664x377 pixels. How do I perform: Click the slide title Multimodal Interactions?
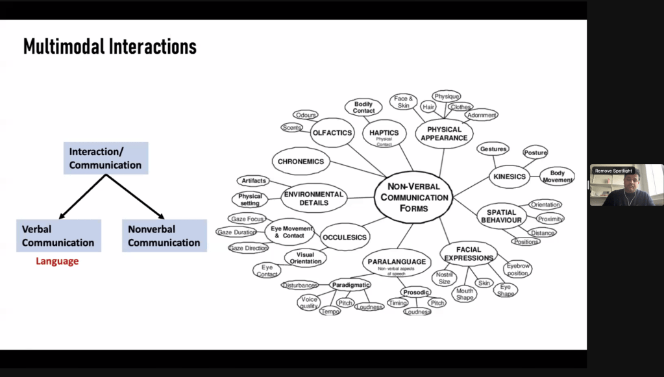coord(110,47)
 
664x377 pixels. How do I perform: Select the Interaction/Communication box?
coord(105,158)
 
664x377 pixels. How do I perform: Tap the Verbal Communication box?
coord(58,236)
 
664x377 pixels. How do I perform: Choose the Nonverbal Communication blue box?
coord(164,236)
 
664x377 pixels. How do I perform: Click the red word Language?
coord(57,261)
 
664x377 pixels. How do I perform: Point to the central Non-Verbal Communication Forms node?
coord(413,197)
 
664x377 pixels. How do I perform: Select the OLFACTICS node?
coord(332,133)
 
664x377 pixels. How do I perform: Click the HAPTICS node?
coord(384,134)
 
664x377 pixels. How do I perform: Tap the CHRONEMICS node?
coord(301,161)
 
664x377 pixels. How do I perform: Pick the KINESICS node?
coord(510,176)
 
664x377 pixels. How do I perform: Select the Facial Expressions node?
coord(469,254)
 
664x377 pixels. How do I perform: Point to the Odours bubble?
coord(305,115)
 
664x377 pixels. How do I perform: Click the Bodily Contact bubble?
coord(363,107)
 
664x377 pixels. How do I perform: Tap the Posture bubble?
coord(535,152)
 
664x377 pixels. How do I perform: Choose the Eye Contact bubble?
coord(267,271)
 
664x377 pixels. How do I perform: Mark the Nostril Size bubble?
coord(444,278)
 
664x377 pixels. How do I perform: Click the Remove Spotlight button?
coord(613,171)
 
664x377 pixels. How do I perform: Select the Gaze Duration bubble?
coord(237,232)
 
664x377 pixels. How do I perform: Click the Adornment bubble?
coord(482,115)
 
